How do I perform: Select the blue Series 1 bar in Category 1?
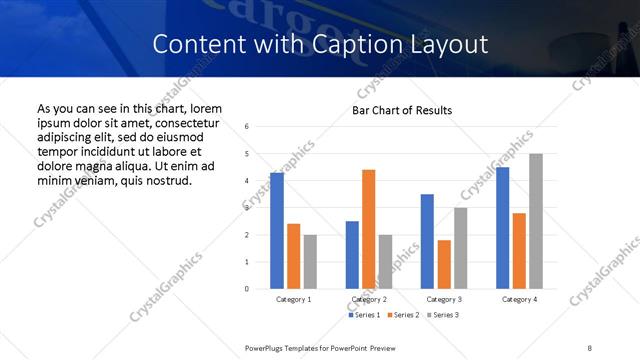point(277,231)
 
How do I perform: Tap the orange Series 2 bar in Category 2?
point(369,229)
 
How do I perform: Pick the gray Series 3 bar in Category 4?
point(536,221)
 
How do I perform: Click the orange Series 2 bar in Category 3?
point(444,264)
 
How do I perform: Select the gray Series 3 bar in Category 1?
point(310,262)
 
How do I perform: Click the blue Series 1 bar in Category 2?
point(352,255)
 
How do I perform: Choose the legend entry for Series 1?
point(364,315)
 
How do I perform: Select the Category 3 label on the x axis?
point(443,299)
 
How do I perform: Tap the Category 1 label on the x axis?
point(293,299)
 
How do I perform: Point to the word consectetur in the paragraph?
point(183,122)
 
